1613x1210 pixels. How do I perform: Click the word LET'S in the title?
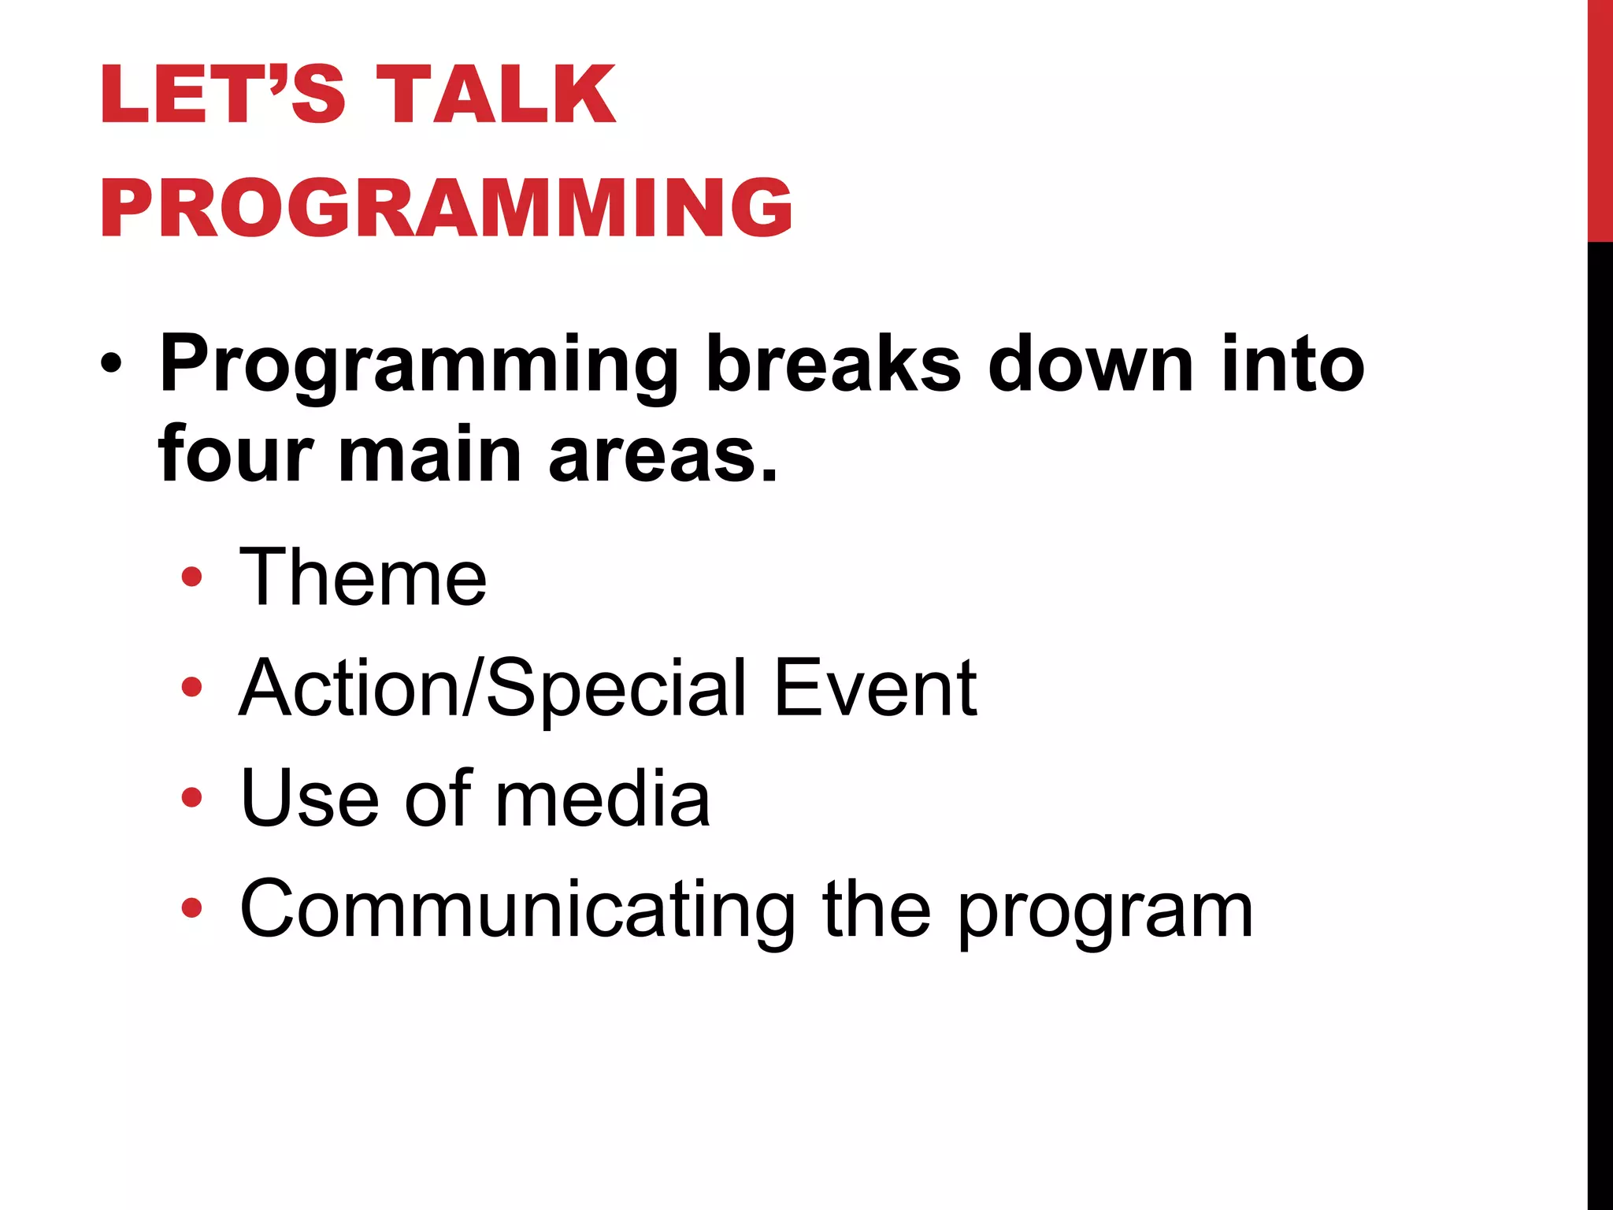[222, 95]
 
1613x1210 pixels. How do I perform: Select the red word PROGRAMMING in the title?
[446, 208]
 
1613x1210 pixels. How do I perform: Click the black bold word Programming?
[418, 364]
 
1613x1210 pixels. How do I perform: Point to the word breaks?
[832, 364]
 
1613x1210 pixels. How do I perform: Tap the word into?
[1292, 364]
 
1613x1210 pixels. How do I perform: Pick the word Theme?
[362, 578]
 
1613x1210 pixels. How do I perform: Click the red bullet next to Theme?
[191, 578]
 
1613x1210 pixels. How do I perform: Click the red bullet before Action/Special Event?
[191, 688]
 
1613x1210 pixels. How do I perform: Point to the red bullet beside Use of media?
[191, 798]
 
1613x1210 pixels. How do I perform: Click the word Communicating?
[517, 911]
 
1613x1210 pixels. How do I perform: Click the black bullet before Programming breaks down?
[111, 364]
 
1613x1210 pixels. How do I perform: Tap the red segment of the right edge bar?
[1600, 118]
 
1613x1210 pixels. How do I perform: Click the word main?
[430, 455]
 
